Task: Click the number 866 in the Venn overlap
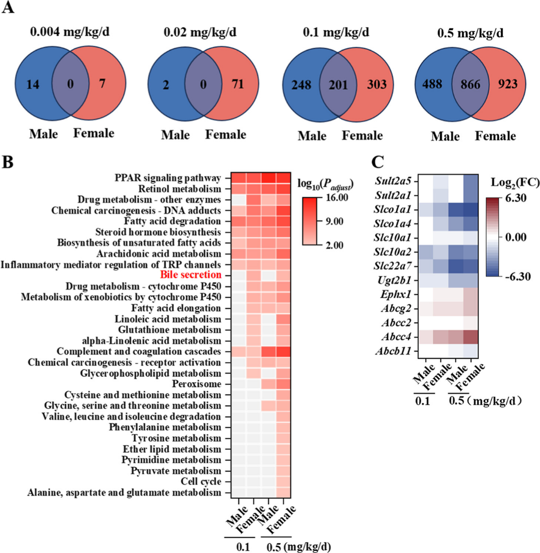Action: pyautogui.click(x=470, y=85)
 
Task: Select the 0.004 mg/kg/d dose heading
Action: pyautogui.click(x=70, y=32)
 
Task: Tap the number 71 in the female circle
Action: pyautogui.click(x=238, y=84)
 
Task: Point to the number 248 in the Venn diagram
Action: pyautogui.click(x=301, y=85)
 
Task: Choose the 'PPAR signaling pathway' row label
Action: pyautogui.click(x=168, y=178)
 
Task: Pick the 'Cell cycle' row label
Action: pyautogui.click(x=201, y=481)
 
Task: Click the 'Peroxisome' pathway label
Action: pyautogui.click(x=196, y=384)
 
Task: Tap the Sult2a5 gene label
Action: pyautogui.click(x=393, y=181)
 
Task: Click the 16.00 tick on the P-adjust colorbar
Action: pyautogui.click(x=337, y=198)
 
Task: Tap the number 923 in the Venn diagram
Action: pyautogui.click(x=507, y=84)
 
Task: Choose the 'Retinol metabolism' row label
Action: pyautogui.click(x=179, y=189)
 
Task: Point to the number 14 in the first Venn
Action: pyautogui.click(x=33, y=84)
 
